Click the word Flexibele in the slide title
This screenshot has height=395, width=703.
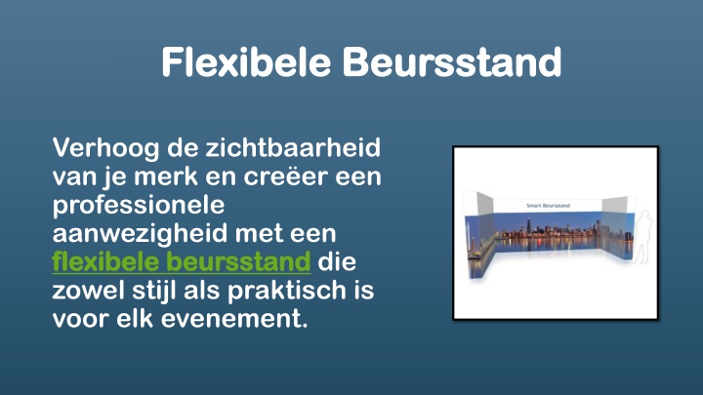tap(246, 61)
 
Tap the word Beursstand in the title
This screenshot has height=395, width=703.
tap(452, 61)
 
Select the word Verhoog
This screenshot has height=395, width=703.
tap(105, 148)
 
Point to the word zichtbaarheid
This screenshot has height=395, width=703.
tap(293, 147)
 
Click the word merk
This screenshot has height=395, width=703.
tap(165, 176)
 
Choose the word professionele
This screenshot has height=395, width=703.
tap(139, 206)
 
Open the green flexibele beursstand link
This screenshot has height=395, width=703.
tap(182, 262)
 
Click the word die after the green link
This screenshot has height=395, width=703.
tap(337, 262)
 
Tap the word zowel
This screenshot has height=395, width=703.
tap(88, 291)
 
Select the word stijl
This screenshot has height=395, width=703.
tap(154, 292)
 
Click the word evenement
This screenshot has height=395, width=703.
tap(234, 320)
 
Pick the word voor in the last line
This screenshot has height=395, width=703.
tap(81, 320)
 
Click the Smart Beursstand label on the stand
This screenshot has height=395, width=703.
tap(548, 206)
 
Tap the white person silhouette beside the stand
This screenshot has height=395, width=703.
tap(643, 236)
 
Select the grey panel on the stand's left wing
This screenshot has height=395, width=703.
tap(484, 204)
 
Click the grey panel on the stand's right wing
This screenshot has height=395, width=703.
tap(614, 205)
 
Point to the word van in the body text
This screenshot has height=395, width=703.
tap(74, 178)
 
